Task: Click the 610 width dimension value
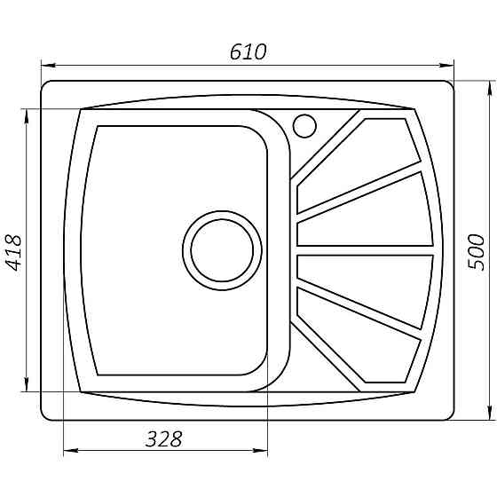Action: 248,52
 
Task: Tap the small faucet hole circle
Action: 304,125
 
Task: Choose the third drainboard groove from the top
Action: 368,280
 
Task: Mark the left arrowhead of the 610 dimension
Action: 48,65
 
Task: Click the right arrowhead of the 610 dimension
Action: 447,65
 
